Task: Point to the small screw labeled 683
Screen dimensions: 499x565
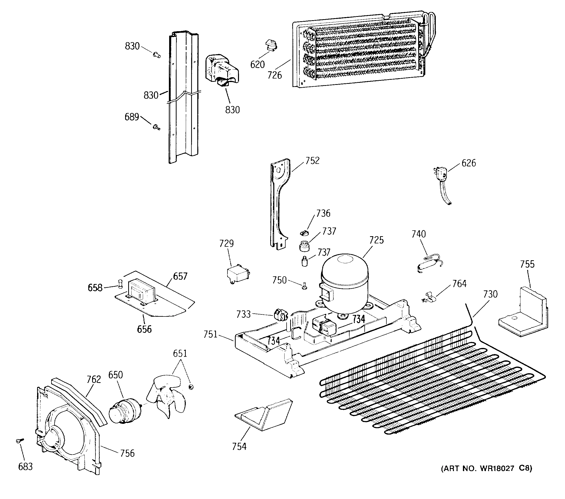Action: [20, 441]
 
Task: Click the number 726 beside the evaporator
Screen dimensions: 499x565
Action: [275, 75]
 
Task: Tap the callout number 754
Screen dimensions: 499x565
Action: [239, 446]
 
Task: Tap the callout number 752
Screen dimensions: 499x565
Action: [312, 161]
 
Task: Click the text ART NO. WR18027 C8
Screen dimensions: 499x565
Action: [486, 468]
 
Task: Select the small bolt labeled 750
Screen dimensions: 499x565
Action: [304, 286]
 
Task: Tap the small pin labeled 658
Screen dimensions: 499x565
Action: [120, 283]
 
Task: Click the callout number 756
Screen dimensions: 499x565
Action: [127, 453]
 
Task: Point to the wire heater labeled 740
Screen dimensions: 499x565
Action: [429, 264]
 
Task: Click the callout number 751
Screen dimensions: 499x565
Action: [210, 334]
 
